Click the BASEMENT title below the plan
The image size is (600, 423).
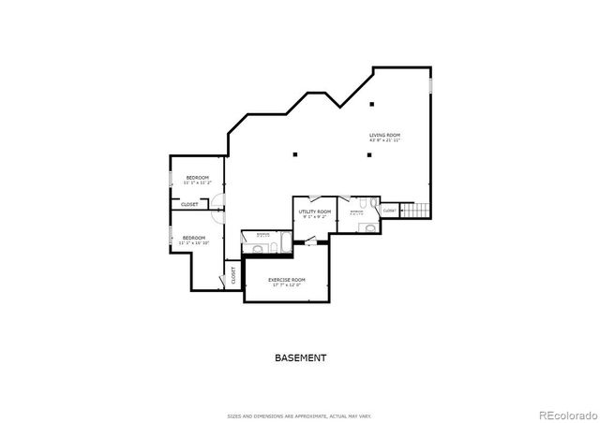[x=300, y=357]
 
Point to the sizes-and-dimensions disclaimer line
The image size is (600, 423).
[x=300, y=416]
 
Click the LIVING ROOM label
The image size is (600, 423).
[x=384, y=135]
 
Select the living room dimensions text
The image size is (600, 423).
[x=384, y=140]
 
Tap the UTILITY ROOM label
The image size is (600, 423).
[x=315, y=211]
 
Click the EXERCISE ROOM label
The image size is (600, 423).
[x=287, y=280]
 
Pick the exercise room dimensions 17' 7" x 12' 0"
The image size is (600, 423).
[x=287, y=285]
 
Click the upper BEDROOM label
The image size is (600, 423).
[x=197, y=178]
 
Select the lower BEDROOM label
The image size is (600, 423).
[x=193, y=238]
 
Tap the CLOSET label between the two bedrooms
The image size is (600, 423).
[x=189, y=204]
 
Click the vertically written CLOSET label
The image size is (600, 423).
[x=233, y=276]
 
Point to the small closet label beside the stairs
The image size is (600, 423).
[x=389, y=211]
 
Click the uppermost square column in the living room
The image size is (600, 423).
[x=371, y=103]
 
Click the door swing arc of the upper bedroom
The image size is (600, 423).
[x=217, y=200]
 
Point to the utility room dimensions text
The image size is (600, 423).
[x=315, y=217]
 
